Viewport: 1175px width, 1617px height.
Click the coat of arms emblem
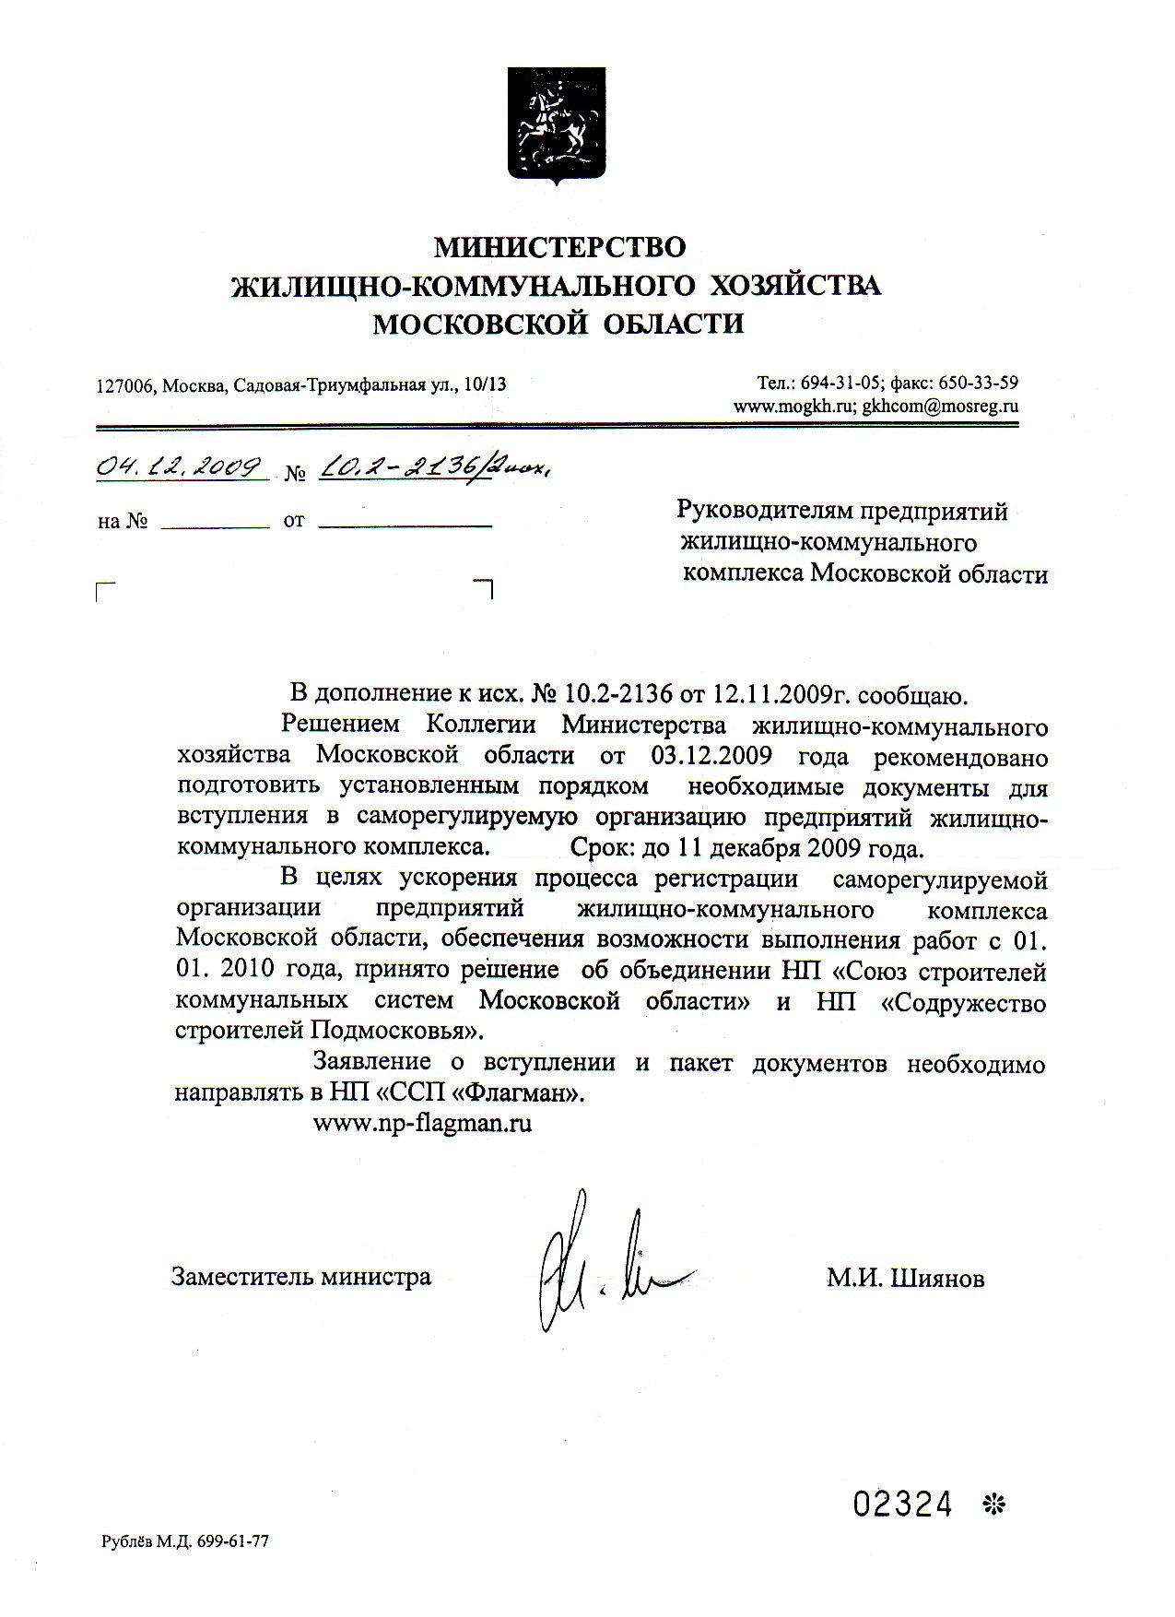pos(553,120)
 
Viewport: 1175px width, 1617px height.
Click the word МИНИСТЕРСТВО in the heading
pos(561,246)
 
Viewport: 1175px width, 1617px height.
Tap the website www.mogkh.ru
pos(795,406)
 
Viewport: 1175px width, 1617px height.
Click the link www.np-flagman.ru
pos(423,1124)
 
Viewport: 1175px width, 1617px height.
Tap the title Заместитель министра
pos(300,1277)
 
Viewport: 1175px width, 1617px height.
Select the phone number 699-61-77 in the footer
pos(235,1540)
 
